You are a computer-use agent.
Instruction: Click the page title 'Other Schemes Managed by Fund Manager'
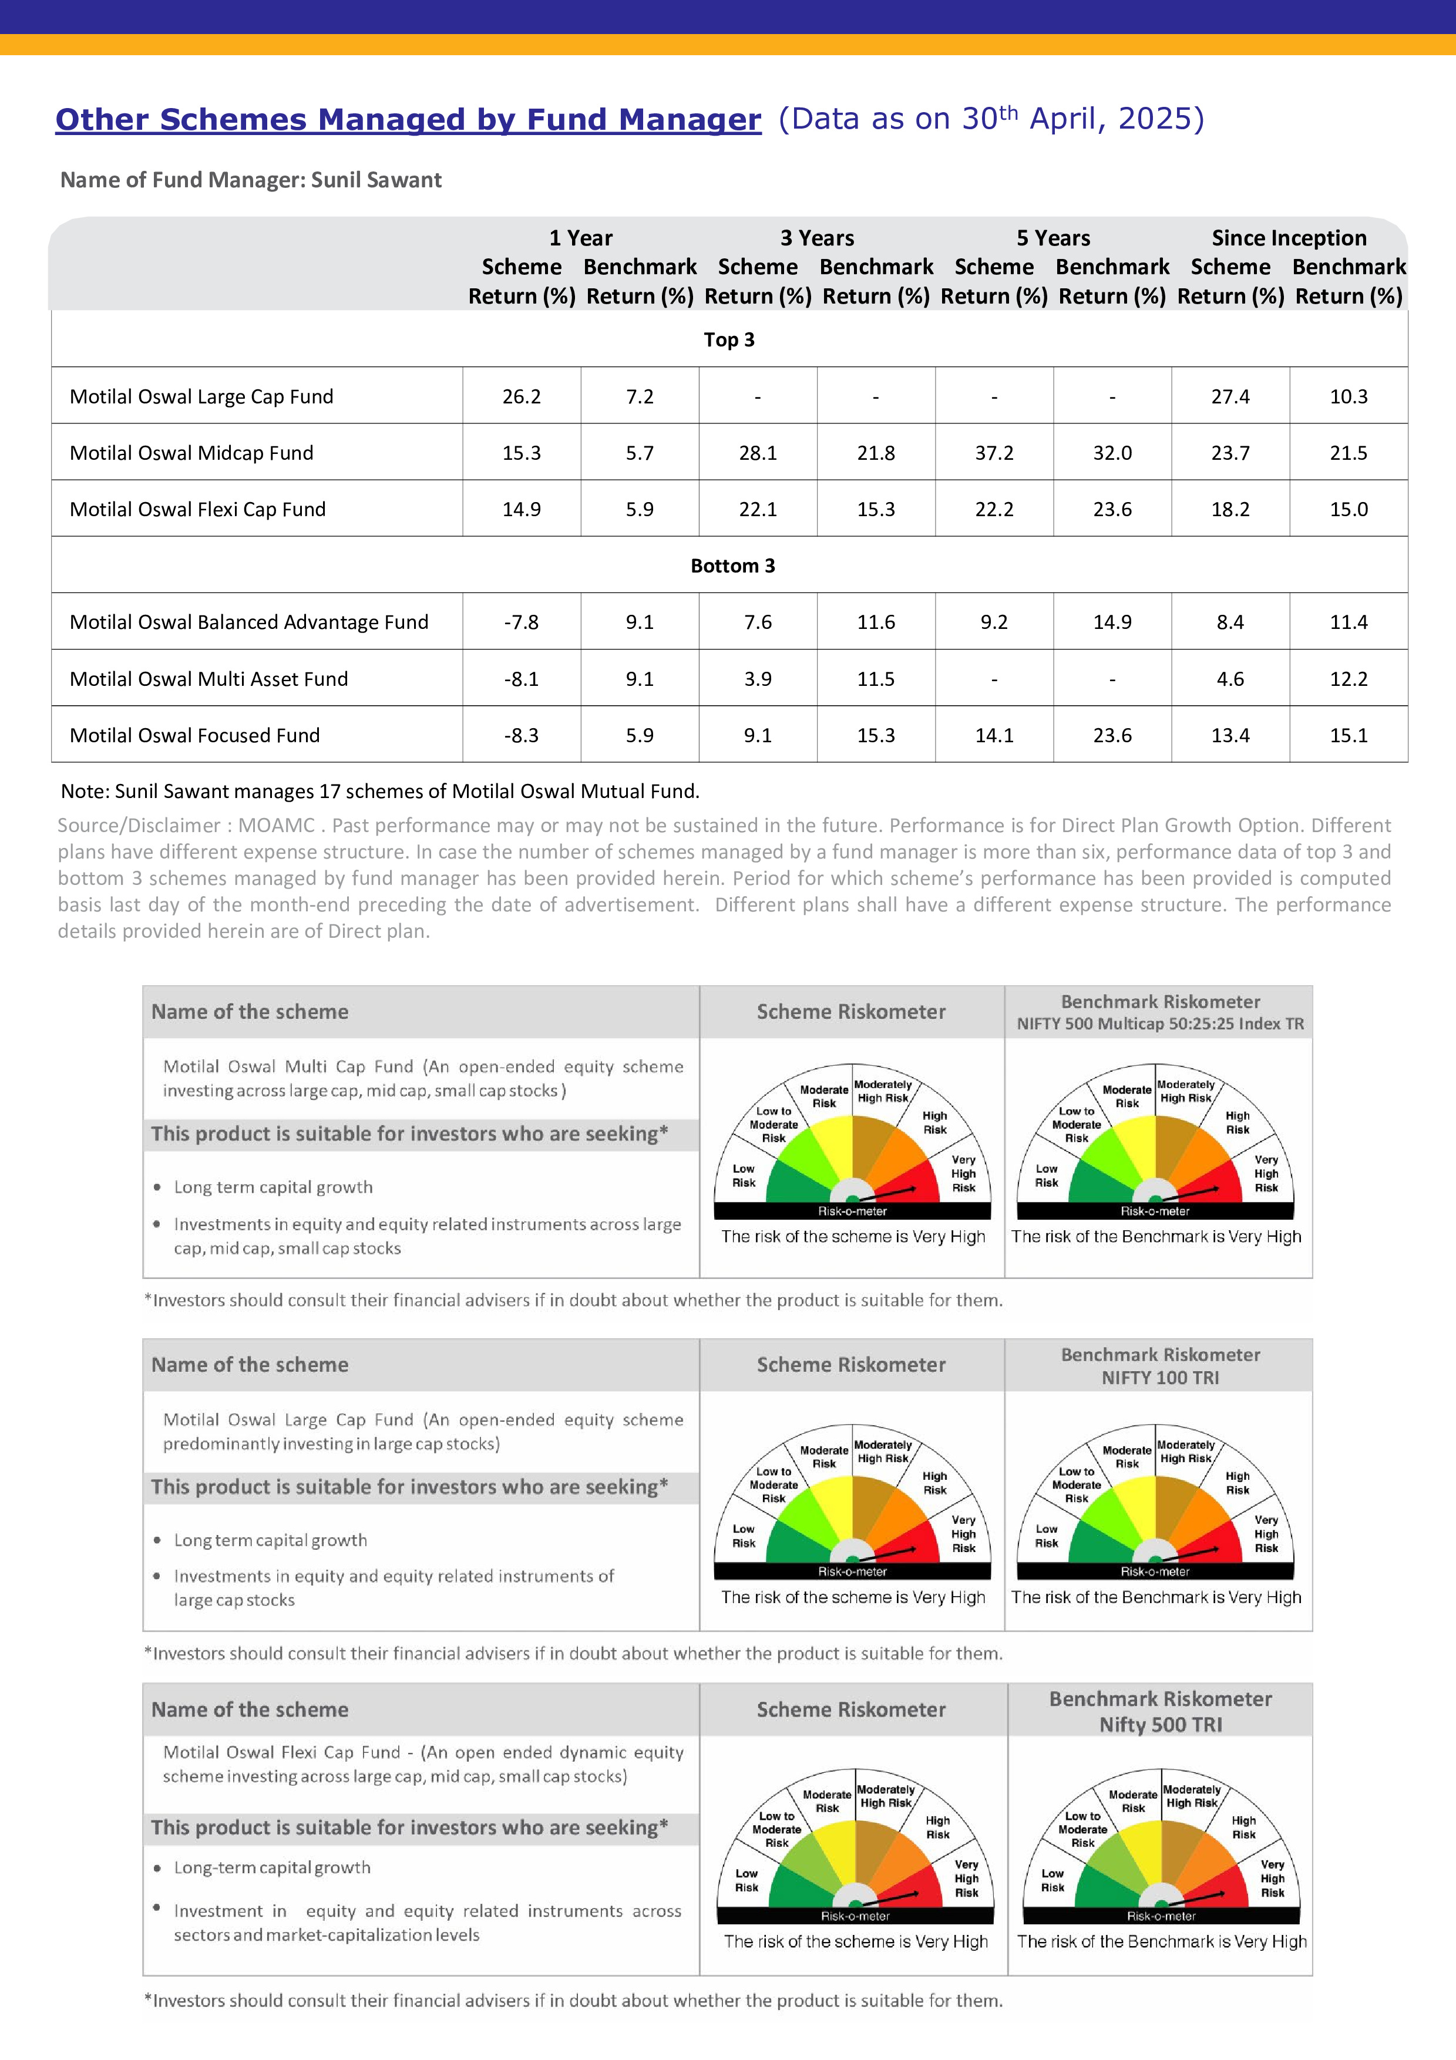click(408, 119)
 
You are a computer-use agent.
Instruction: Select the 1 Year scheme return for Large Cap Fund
click(521, 396)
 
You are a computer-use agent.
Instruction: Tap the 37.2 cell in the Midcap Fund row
click(994, 453)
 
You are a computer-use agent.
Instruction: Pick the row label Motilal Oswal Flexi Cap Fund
click(197, 510)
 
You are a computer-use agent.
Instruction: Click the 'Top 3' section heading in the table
click(728, 340)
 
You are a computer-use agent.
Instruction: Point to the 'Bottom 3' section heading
click(732, 566)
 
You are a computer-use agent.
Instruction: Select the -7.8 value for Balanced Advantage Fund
click(521, 622)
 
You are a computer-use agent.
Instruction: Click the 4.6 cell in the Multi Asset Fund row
click(1230, 679)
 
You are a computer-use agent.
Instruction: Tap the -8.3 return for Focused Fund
click(521, 736)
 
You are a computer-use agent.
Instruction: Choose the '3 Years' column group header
click(816, 238)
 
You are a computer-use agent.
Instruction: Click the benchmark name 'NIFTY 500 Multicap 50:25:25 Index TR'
click(1160, 1024)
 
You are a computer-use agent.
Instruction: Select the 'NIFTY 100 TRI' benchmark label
click(1160, 1377)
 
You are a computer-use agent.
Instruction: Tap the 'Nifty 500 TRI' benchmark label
click(1160, 1725)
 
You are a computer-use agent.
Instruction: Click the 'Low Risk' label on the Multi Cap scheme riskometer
click(744, 1176)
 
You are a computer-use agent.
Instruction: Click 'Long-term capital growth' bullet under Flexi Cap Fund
click(272, 1867)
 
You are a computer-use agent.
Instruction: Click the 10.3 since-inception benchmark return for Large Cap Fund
click(1349, 396)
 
